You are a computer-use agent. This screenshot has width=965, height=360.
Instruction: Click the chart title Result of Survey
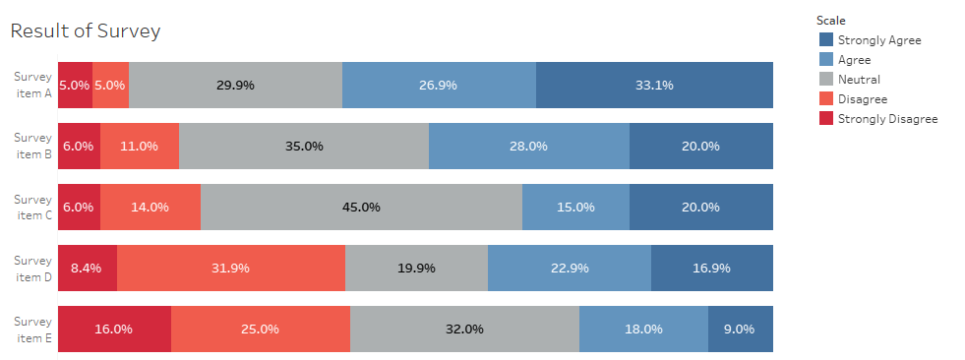pyautogui.click(x=85, y=30)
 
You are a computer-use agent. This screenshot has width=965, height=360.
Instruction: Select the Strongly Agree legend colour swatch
pyautogui.click(x=826, y=39)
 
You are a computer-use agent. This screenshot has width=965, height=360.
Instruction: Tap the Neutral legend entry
pyautogui.click(x=859, y=79)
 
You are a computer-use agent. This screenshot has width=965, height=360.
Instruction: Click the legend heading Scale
pyautogui.click(x=831, y=20)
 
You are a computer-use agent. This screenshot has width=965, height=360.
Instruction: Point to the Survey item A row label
pyautogui.click(x=33, y=85)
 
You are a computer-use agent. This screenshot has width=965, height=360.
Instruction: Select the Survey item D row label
pyautogui.click(x=33, y=268)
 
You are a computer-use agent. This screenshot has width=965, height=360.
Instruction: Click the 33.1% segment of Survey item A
pyautogui.click(x=654, y=85)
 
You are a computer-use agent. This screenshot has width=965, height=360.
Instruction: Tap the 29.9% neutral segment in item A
pyautogui.click(x=235, y=85)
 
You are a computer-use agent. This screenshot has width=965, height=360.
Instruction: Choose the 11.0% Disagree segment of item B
pyautogui.click(x=140, y=146)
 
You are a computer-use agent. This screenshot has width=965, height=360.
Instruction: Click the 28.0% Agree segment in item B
pyautogui.click(x=528, y=146)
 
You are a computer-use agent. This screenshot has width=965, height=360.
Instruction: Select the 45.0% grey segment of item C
pyautogui.click(x=361, y=207)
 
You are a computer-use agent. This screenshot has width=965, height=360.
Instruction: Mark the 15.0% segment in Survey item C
pyautogui.click(x=575, y=207)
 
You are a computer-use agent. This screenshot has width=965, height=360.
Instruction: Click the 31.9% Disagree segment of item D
pyautogui.click(x=231, y=268)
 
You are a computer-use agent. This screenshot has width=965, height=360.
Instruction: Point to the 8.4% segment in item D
pyautogui.click(x=88, y=268)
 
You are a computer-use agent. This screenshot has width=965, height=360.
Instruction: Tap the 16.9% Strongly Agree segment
pyautogui.click(x=711, y=268)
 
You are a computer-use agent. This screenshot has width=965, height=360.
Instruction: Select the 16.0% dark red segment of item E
pyautogui.click(x=114, y=329)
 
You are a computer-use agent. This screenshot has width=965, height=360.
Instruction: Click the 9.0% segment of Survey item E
pyautogui.click(x=740, y=329)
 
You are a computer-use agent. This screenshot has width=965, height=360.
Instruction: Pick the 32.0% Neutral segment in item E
pyautogui.click(x=464, y=329)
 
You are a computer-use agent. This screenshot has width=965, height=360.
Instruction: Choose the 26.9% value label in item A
pyautogui.click(x=438, y=86)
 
